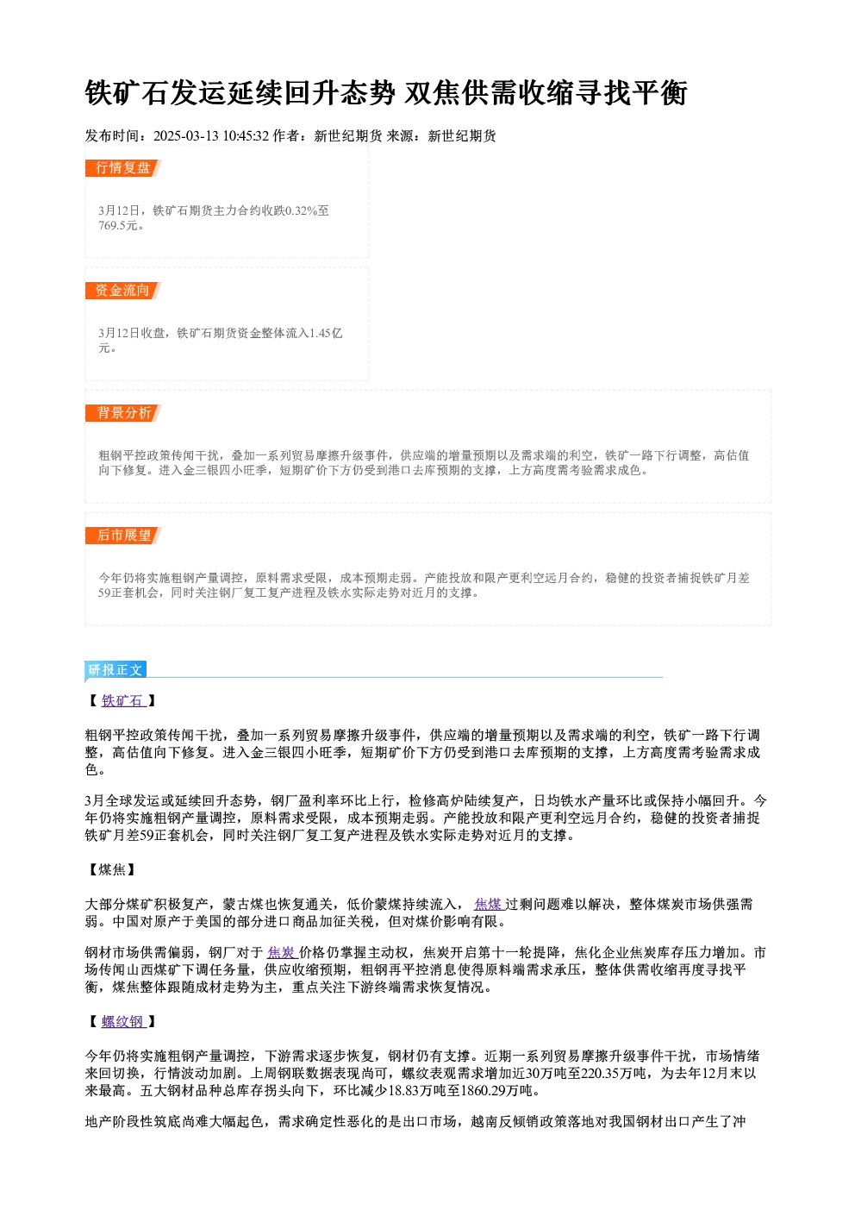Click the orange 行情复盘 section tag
tap(122, 168)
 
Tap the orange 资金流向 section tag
tap(122, 291)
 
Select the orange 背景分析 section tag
tap(122, 413)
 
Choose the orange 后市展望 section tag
tap(122, 536)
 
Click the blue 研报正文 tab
tap(115, 670)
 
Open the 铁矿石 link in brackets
tap(123, 700)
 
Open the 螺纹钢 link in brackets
tap(123, 1021)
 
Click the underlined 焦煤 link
tap(489, 904)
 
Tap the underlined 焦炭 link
tap(283, 952)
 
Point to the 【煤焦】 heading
tap(112, 869)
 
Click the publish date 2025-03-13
tap(186, 135)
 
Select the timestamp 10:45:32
tap(246, 135)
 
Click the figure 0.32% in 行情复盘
tap(301, 210)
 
